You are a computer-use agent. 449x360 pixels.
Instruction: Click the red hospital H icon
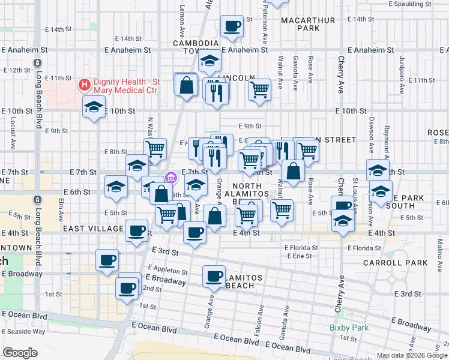point(84,85)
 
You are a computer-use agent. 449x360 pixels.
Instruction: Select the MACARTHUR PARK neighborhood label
point(308,24)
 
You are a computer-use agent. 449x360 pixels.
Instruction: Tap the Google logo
point(20,353)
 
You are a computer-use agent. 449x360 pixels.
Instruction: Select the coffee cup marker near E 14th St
point(232,26)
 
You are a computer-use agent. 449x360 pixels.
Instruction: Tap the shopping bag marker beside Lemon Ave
point(187,85)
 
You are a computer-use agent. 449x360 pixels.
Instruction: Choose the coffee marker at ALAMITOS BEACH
point(214,277)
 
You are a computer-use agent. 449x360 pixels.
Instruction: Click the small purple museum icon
point(170,177)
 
